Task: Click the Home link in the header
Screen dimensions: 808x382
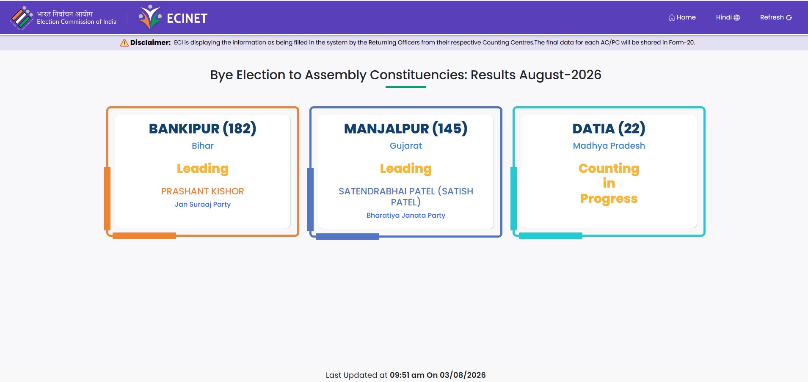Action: coord(682,17)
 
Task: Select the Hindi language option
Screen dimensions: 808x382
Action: coord(728,17)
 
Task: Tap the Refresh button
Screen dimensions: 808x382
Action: coord(776,17)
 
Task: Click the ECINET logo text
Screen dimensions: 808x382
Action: coord(187,18)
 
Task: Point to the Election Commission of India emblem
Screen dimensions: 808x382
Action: coord(22,18)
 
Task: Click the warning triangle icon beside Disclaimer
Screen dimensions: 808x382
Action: coord(124,43)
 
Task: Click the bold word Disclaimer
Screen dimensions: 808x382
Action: coord(150,42)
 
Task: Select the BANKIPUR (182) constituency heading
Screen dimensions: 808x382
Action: coord(203,128)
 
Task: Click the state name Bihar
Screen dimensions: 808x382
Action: coord(203,146)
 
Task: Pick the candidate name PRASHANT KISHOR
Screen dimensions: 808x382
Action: coord(203,191)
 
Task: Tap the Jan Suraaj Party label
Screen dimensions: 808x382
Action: coord(203,205)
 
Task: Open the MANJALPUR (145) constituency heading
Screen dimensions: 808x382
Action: coord(406,128)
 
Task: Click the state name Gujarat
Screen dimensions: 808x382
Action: coord(406,146)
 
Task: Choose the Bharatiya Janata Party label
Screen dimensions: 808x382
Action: coord(406,215)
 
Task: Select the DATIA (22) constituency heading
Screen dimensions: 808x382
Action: coord(609,128)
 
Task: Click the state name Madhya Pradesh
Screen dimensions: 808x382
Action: coord(609,146)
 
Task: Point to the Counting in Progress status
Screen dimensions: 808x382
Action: coord(609,183)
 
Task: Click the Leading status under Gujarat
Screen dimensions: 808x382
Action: coord(406,169)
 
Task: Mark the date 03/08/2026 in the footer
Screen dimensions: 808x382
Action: coord(463,375)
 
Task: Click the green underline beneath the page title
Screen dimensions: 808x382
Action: coord(406,87)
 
